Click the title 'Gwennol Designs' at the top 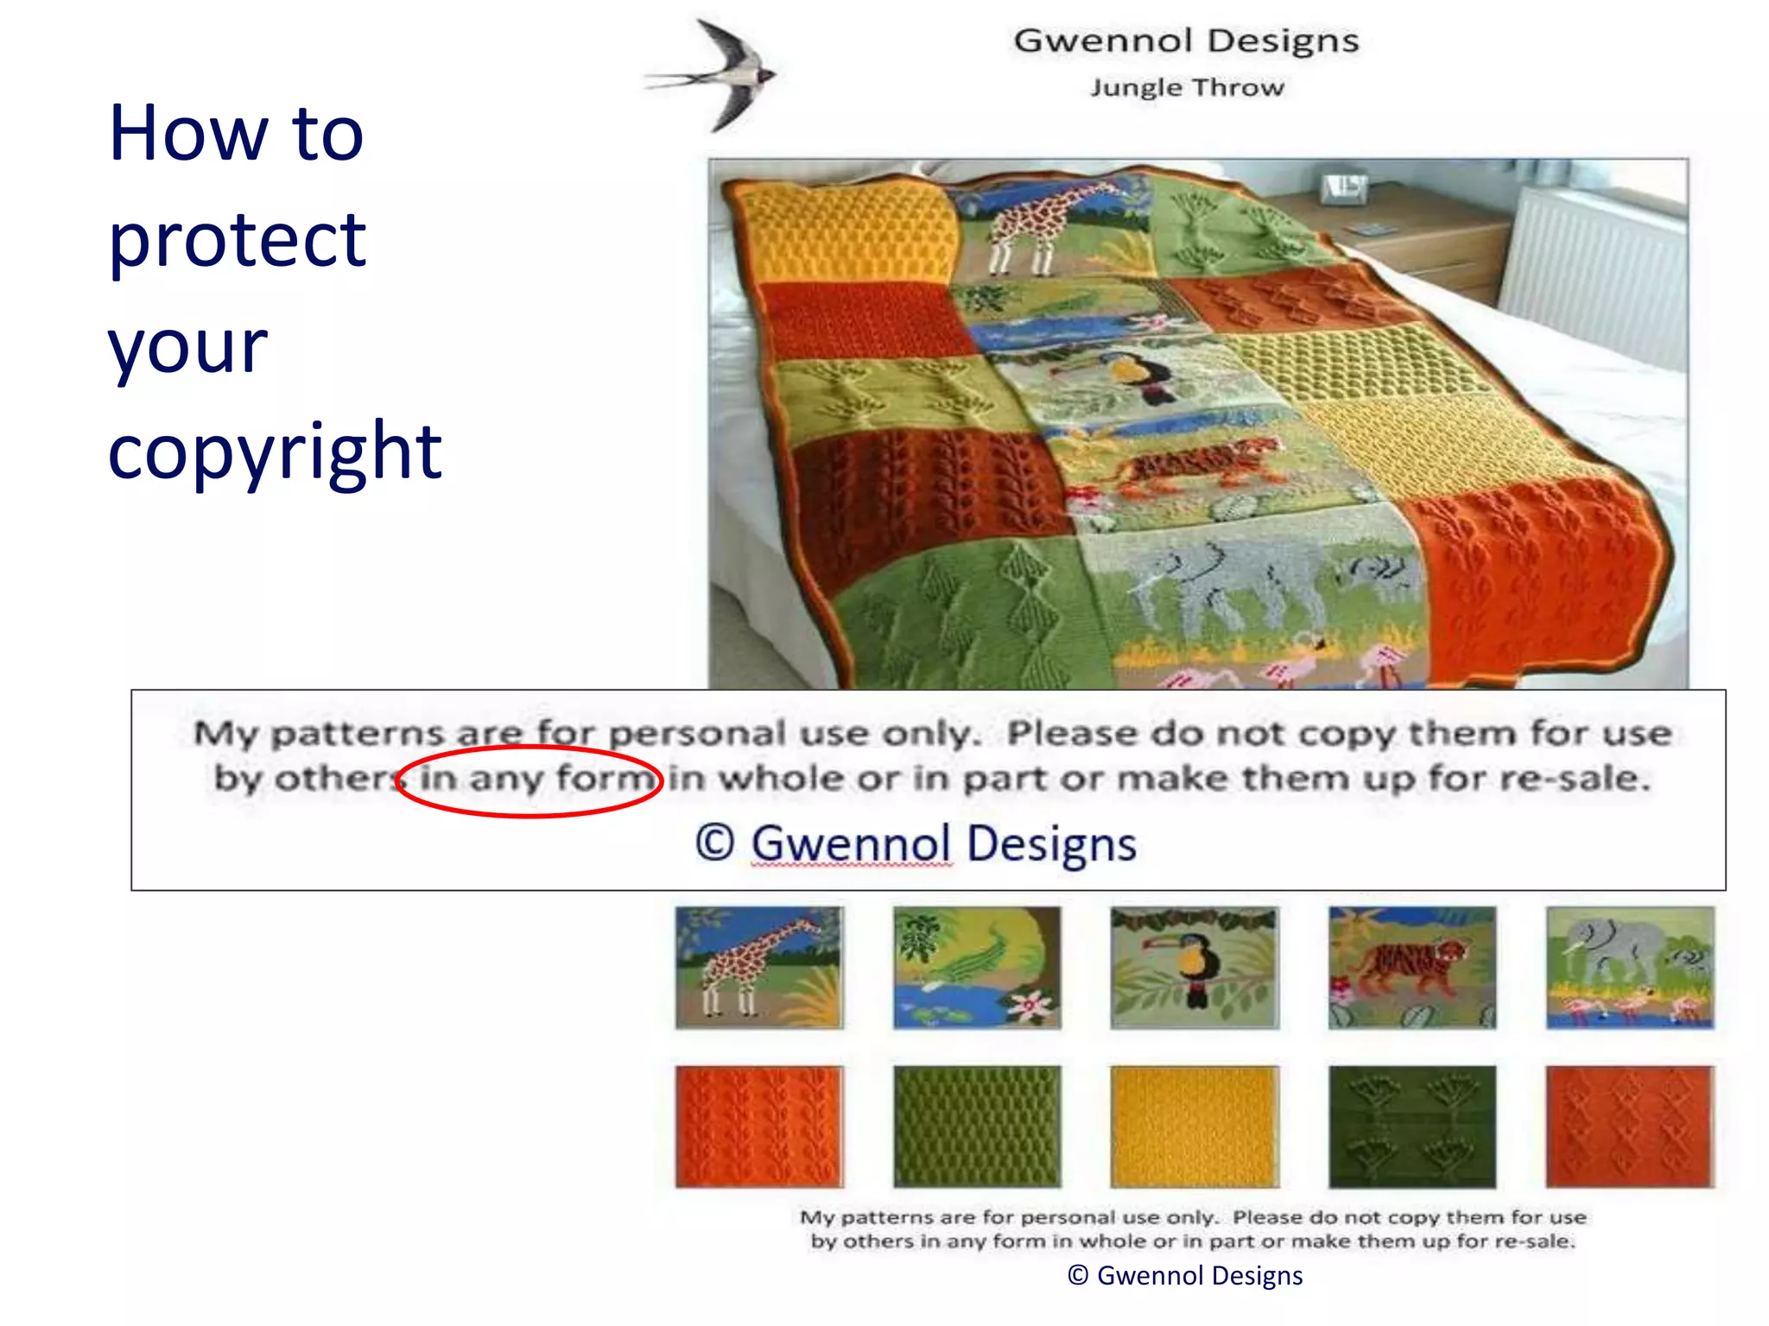tap(1185, 41)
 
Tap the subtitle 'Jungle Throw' tap(1186, 87)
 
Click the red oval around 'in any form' tap(529, 780)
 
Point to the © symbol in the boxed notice tap(714, 843)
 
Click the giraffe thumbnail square tap(758, 967)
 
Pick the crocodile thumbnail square tap(976, 967)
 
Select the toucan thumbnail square tap(1194, 967)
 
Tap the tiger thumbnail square tap(1411, 967)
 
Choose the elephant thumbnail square tap(1629, 967)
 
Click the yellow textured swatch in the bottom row tap(1194, 1127)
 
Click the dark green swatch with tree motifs tap(1411, 1127)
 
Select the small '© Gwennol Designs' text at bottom tap(1185, 1275)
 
